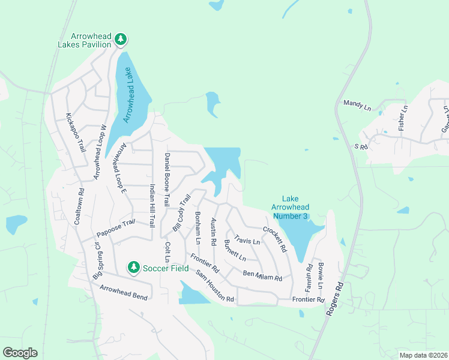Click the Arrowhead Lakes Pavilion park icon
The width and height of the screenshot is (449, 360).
[x=121, y=40]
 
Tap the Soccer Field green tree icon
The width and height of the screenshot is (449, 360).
[x=133, y=267]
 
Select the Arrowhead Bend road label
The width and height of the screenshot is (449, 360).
[x=123, y=292]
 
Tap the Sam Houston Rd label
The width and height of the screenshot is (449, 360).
[x=214, y=286]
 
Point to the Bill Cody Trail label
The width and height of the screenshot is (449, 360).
[x=181, y=212]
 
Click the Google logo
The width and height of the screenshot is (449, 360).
[x=20, y=353]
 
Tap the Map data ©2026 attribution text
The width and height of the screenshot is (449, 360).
[x=423, y=355]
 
